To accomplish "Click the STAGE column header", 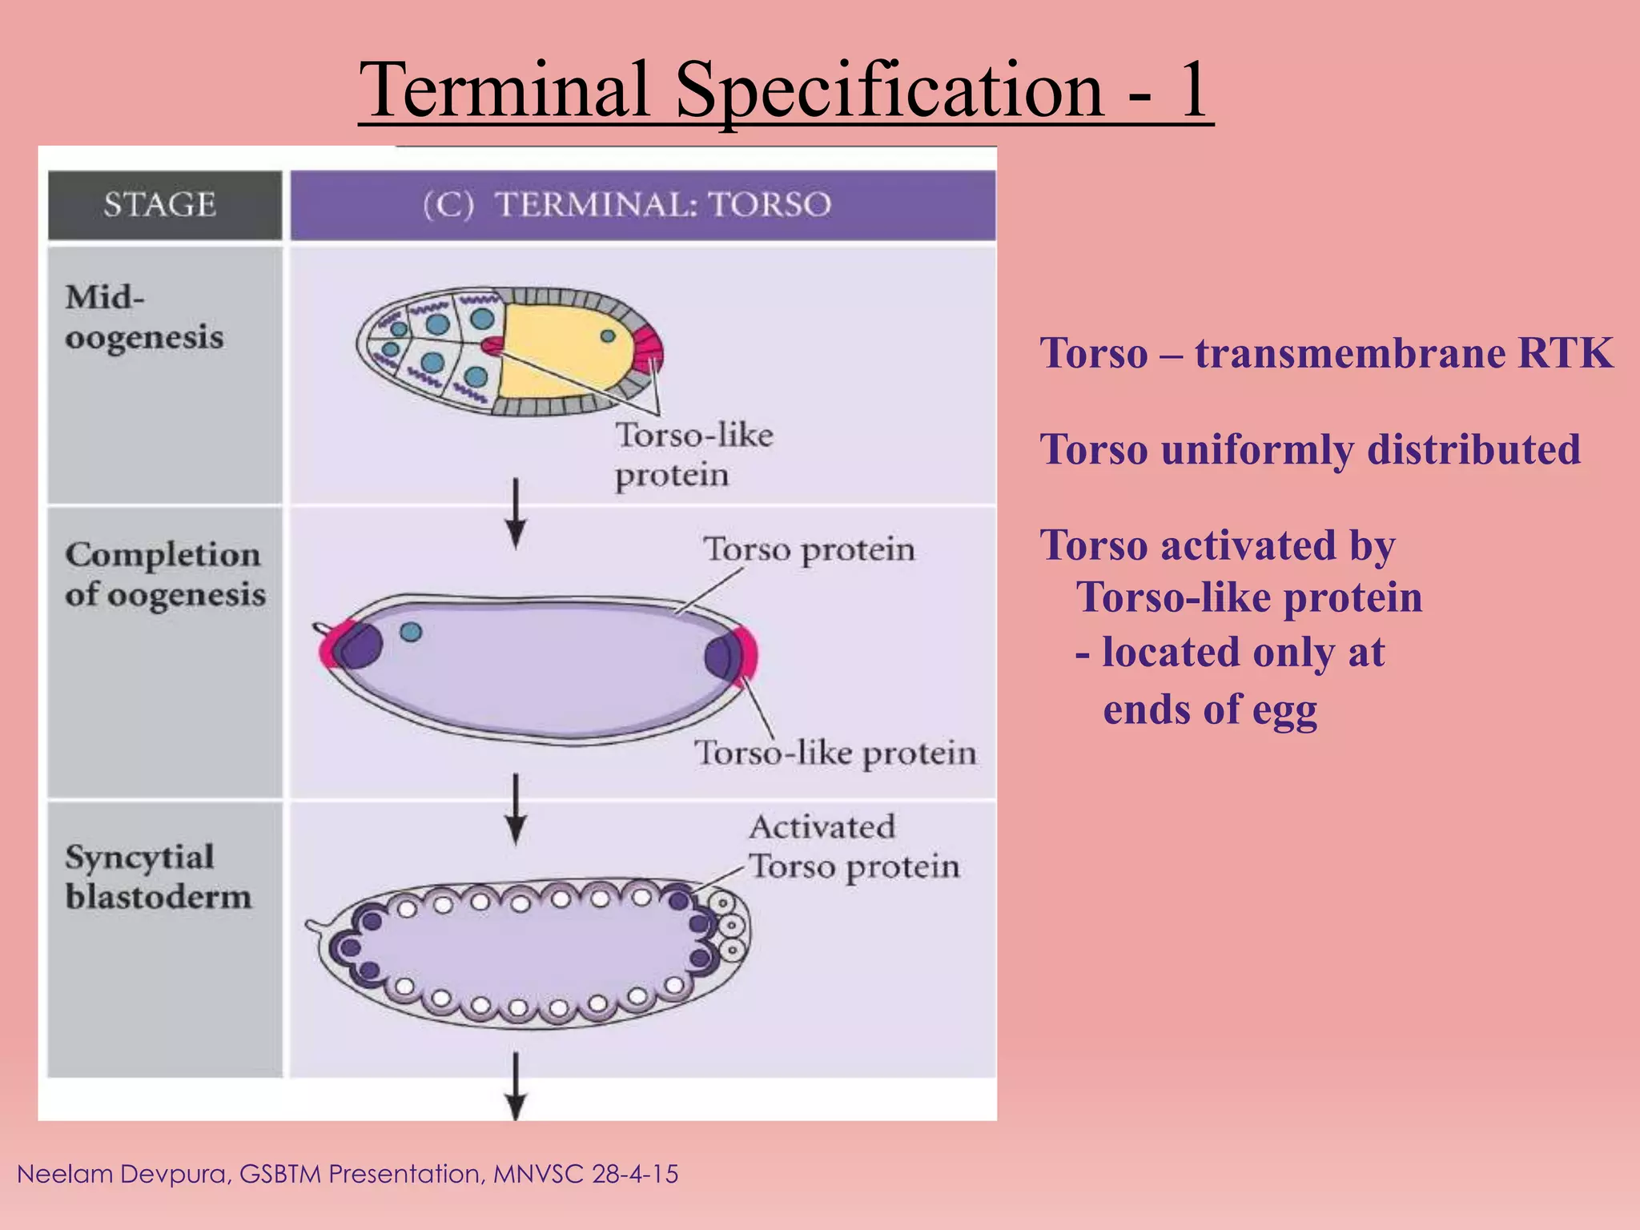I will coord(160,205).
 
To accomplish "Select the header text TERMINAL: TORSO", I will coord(663,205).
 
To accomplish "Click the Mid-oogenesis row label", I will coord(144,317).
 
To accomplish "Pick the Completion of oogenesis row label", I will coord(164,574).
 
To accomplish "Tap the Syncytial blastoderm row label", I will coord(158,877).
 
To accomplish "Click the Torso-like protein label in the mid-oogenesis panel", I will coord(693,455).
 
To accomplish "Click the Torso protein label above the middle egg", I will coord(809,550).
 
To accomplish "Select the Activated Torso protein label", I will coord(853,847).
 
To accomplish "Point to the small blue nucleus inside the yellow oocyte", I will coord(608,336).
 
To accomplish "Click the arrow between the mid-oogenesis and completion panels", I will coord(517,512).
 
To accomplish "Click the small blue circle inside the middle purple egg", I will coord(411,632).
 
